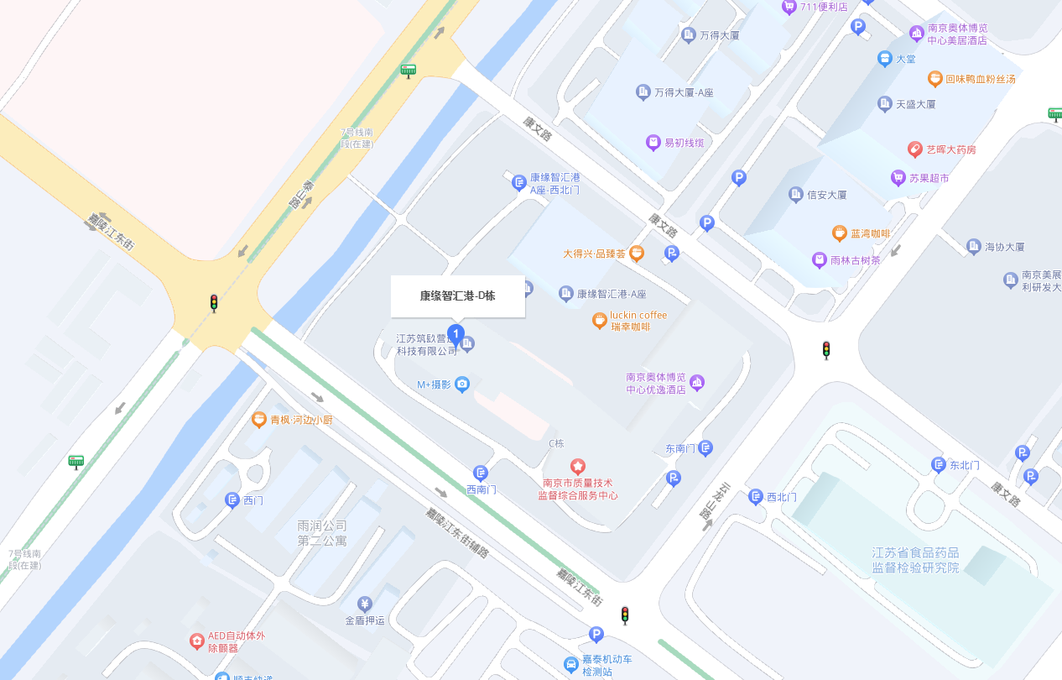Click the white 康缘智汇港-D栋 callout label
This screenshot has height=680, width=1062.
(x=457, y=296)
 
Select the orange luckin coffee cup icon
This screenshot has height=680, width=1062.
(x=599, y=320)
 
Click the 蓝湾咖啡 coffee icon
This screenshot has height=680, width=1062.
(x=839, y=233)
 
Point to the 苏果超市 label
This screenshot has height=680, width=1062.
(x=929, y=178)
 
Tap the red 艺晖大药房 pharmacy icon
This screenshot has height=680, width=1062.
(x=914, y=149)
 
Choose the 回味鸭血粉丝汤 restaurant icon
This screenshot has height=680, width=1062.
(x=934, y=79)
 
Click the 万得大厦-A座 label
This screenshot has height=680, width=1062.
(x=684, y=92)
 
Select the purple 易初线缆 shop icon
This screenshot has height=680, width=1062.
(x=653, y=143)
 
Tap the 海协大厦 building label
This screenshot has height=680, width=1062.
(x=1004, y=247)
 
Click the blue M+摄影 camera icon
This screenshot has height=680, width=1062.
(x=461, y=384)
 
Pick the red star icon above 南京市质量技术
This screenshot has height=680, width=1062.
(x=578, y=466)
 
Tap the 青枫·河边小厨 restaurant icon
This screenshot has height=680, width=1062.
(x=259, y=419)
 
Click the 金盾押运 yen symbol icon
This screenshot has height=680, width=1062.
(x=365, y=604)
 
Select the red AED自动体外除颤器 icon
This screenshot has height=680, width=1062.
(x=196, y=641)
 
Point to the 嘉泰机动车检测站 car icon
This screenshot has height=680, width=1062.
(x=571, y=665)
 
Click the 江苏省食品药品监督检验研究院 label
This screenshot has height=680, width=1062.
(x=915, y=560)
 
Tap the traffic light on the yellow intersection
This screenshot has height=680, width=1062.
(x=214, y=303)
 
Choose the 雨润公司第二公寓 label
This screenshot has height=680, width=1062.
(x=322, y=533)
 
